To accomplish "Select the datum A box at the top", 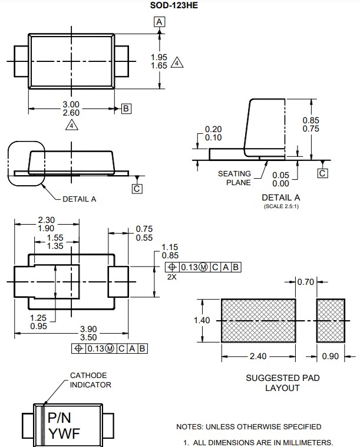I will click(x=159, y=22).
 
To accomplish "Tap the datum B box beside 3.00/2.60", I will click(x=126, y=108).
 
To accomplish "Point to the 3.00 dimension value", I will click(x=71, y=104).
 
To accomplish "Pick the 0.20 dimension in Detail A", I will click(x=213, y=130).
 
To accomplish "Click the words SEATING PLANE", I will click(x=234, y=178).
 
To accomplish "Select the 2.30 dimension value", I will click(x=46, y=220).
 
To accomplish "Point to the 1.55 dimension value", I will click(x=55, y=238).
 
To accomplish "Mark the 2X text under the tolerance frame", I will click(x=171, y=276).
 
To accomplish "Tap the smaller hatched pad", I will click(x=331, y=321).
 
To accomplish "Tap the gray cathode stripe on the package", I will click(x=42, y=425).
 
